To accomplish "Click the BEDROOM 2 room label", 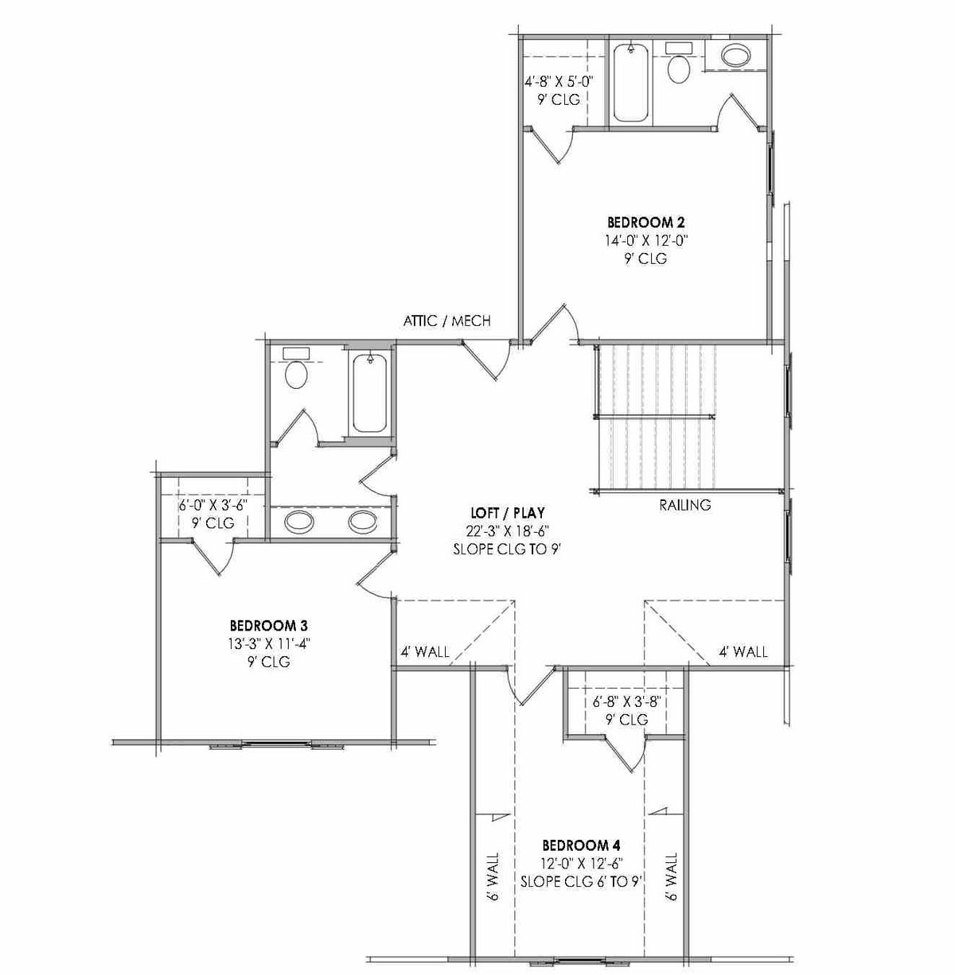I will pyautogui.click(x=645, y=223).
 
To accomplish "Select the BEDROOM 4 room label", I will pyautogui.click(x=581, y=845).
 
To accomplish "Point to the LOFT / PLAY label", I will pyautogui.click(x=507, y=514).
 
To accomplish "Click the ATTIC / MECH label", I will pyautogui.click(x=446, y=321).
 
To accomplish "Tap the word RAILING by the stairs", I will pyautogui.click(x=684, y=505).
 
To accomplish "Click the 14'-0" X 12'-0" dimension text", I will pyautogui.click(x=645, y=240).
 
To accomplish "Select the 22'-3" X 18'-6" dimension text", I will pyautogui.click(x=507, y=531).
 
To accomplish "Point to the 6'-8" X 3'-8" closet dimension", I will pyautogui.click(x=628, y=701).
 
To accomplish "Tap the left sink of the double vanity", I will pyautogui.click(x=299, y=522).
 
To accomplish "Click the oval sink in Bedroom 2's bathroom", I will pyautogui.click(x=735, y=55).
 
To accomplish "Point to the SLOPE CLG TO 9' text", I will pyautogui.click(x=507, y=549).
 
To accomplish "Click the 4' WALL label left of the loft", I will pyautogui.click(x=424, y=653).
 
